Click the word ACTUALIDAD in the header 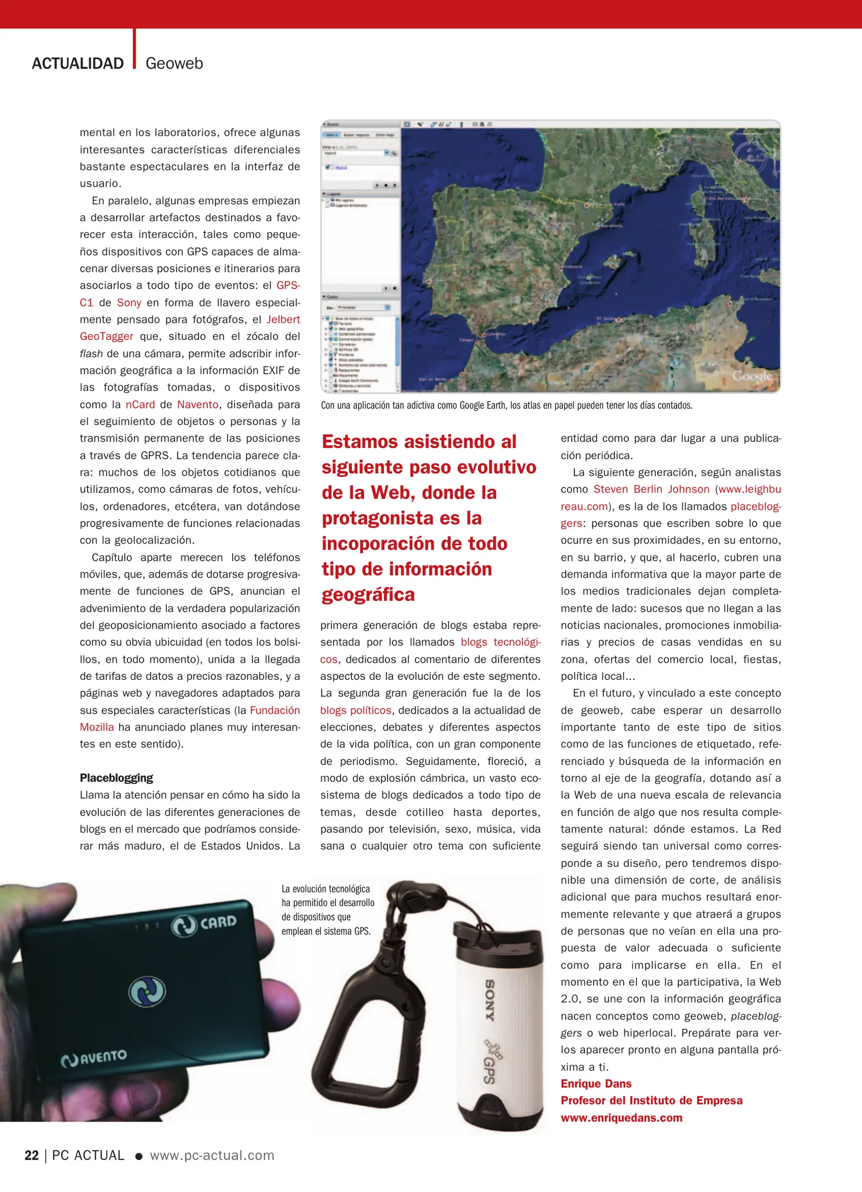[x=78, y=63]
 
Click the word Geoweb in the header [x=174, y=63]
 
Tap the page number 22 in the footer [x=31, y=1155]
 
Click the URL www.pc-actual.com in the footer [x=212, y=1155]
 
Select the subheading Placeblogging [x=116, y=778]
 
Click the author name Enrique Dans [x=596, y=1083]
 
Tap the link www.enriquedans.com [x=622, y=1117]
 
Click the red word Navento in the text [x=197, y=405]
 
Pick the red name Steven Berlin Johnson [x=651, y=489]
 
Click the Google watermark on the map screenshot [x=751, y=376]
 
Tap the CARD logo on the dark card [x=205, y=924]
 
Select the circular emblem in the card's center [x=147, y=991]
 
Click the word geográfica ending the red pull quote [x=368, y=594]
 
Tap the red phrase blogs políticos [x=356, y=710]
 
